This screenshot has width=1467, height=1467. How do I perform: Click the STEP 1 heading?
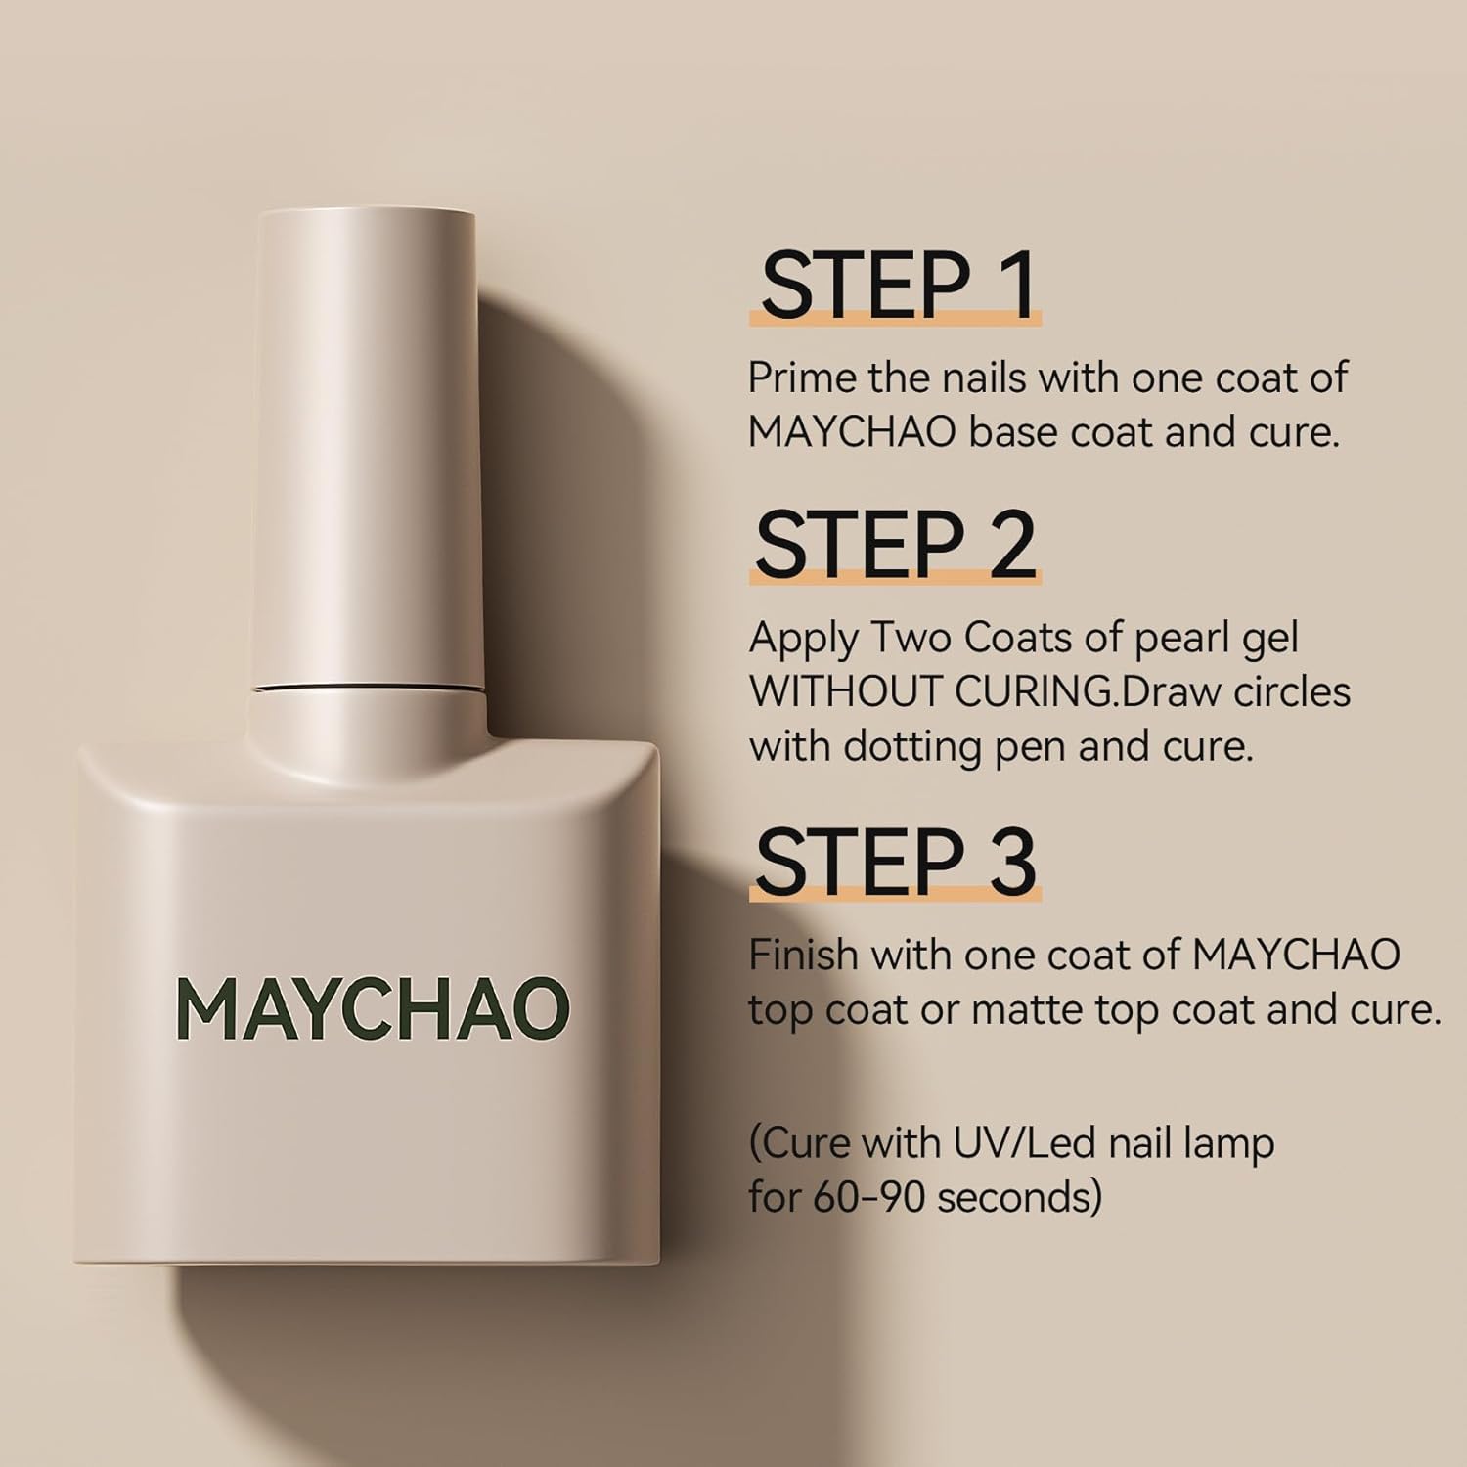(897, 285)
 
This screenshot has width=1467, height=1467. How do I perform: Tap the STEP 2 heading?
(895, 545)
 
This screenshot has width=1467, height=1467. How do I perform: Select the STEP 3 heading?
(895, 862)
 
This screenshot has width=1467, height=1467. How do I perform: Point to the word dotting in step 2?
(912, 749)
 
